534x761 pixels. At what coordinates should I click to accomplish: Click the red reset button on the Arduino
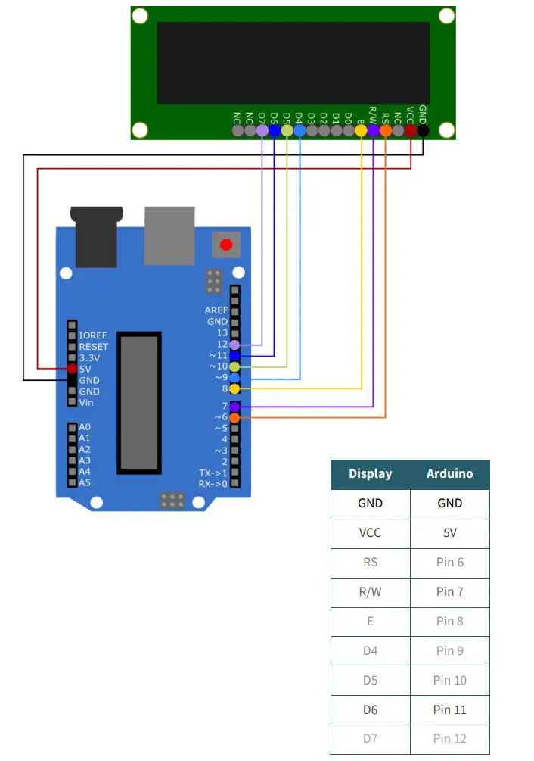point(225,245)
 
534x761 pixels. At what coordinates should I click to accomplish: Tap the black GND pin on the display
point(423,130)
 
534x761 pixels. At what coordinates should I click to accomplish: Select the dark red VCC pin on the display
point(410,130)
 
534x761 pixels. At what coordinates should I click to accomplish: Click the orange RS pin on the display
point(386,130)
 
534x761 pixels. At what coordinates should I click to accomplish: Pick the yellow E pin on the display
point(361,130)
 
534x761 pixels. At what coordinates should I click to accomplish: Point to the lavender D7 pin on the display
point(262,130)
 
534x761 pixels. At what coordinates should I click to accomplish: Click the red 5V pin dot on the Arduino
point(72,369)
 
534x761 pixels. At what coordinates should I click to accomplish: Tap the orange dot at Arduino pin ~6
point(234,417)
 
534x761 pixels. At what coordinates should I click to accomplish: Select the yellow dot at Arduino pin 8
point(234,388)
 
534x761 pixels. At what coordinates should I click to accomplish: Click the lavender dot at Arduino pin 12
point(234,344)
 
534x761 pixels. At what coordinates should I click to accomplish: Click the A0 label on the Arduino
point(85,427)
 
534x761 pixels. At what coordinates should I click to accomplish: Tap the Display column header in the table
point(370,474)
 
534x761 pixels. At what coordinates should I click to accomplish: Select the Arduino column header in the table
point(449,474)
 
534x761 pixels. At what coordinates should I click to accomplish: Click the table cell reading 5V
point(449,533)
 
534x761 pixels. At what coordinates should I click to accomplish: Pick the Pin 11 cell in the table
point(449,710)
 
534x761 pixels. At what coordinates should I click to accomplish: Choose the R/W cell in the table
point(370,592)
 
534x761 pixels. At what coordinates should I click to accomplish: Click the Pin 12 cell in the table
point(449,739)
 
